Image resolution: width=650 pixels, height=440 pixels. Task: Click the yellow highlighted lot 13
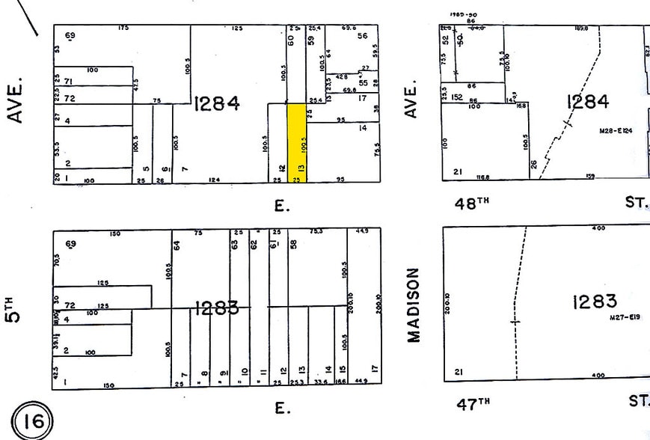click(297, 142)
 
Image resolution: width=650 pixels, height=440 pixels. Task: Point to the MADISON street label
click(414, 305)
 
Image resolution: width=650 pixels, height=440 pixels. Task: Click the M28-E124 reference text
click(616, 131)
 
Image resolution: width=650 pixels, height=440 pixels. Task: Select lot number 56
click(364, 35)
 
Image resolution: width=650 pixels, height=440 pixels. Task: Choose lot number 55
click(364, 83)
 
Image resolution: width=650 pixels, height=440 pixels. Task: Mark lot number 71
click(69, 81)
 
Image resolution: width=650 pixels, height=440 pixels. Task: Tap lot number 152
click(456, 97)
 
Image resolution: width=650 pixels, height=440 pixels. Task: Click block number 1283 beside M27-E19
click(594, 301)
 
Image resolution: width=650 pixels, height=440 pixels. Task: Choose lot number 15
click(342, 370)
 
